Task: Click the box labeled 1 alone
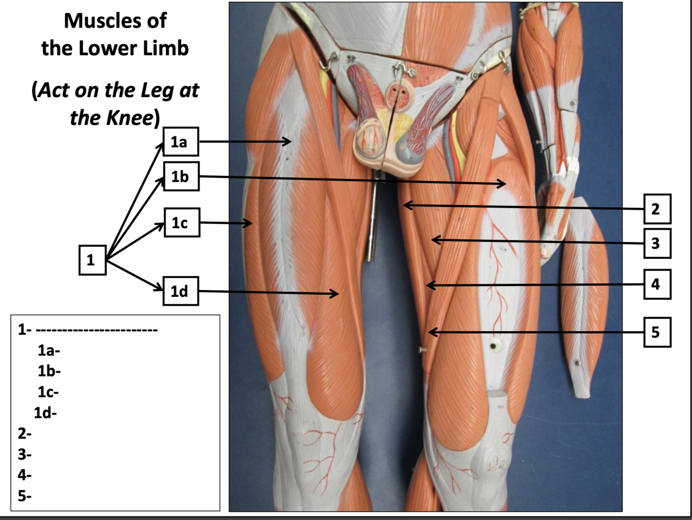[x=92, y=259]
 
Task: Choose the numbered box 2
[x=657, y=209]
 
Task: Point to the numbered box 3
[x=657, y=243]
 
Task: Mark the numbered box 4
[x=657, y=284]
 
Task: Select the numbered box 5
[x=657, y=332]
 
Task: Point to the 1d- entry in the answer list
[x=45, y=413]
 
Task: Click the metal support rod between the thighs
[x=372, y=223]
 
